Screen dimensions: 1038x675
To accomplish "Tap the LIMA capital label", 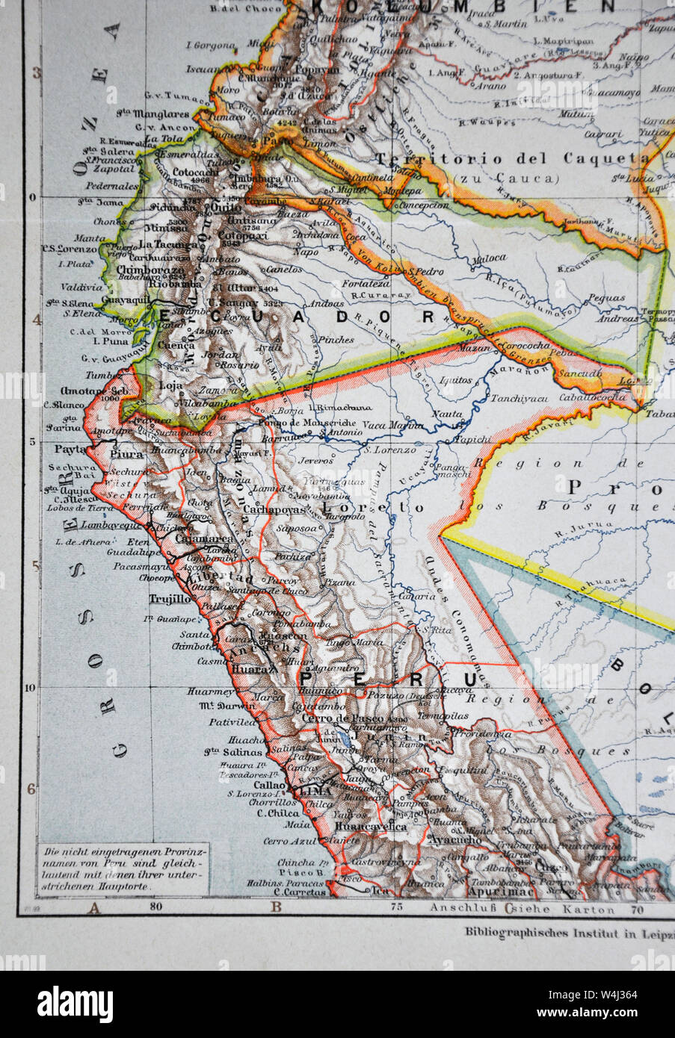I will click(314, 789).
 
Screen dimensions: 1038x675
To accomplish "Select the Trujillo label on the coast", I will click(170, 598).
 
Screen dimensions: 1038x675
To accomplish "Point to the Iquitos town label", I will click(456, 379).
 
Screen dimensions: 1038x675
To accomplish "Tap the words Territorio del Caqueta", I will click(511, 158).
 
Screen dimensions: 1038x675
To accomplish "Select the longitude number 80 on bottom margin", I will click(155, 908).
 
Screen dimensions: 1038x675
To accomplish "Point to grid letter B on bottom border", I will click(276, 908).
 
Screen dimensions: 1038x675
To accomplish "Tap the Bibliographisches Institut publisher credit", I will click(568, 931).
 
